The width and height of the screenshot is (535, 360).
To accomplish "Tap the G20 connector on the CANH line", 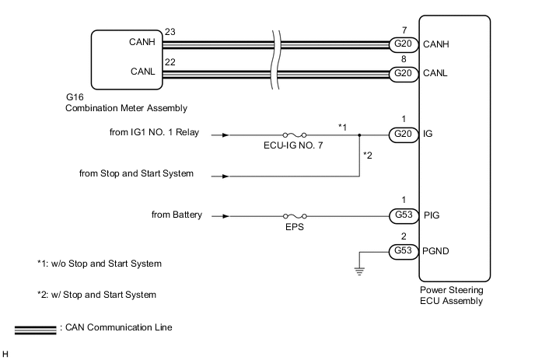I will click(x=404, y=44).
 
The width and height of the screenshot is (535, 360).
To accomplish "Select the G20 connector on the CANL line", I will click(x=404, y=74).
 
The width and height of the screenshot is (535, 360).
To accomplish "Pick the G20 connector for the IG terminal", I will click(x=404, y=135).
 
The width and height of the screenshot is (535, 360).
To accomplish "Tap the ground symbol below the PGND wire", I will click(x=359, y=270).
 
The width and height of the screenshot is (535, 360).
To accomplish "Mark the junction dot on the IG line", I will click(x=359, y=135).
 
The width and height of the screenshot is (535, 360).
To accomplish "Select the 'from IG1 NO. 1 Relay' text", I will click(x=155, y=133).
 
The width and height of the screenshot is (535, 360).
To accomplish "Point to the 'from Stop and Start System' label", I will click(x=137, y=173).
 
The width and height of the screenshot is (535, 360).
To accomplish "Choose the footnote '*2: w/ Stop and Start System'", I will click(x=96, y=295).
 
